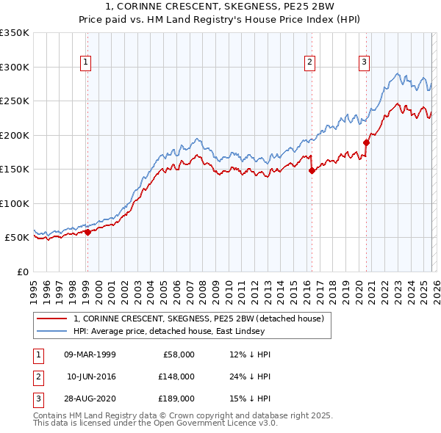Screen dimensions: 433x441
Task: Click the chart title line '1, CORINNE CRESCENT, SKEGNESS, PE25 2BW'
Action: point(220,7)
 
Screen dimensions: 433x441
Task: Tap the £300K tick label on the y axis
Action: point(15,67)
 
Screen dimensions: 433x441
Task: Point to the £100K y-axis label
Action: point(15,203)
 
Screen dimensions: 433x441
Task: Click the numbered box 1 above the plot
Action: point(87,63)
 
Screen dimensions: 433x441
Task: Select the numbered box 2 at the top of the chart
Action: point(311,63)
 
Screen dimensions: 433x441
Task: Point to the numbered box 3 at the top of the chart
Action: point(365,63)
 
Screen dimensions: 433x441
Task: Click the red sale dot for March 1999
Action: point(87,232)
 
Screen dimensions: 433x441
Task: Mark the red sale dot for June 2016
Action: point(312,170)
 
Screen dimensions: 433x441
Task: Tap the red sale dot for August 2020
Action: point(366,142)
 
